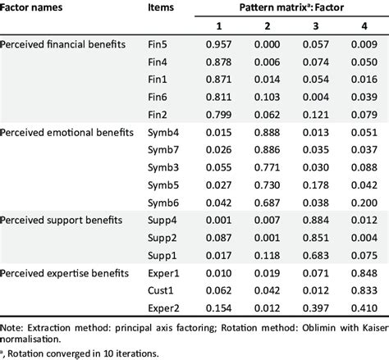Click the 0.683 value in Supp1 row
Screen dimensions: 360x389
[317, 255]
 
